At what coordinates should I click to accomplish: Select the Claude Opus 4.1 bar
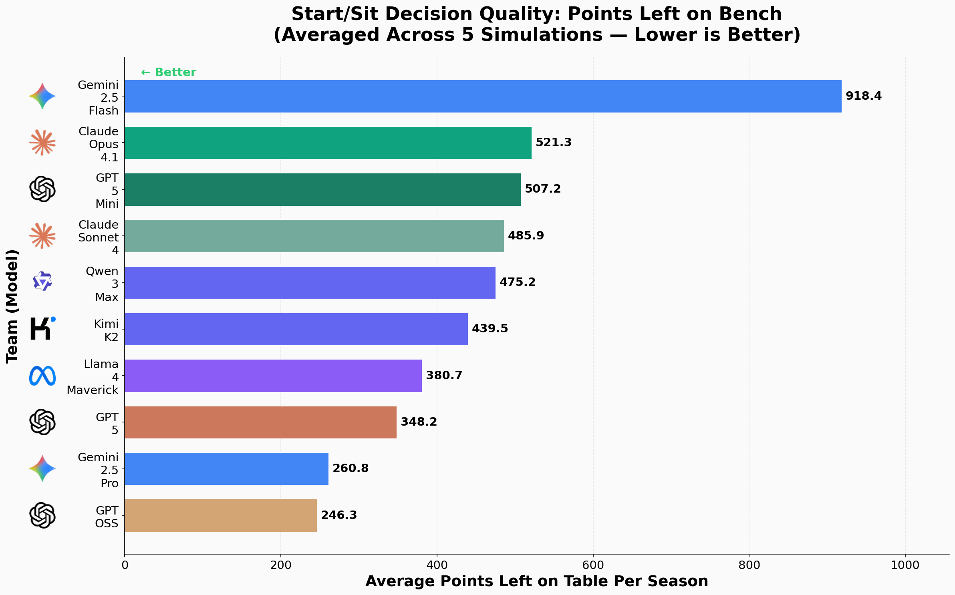coord(328,143)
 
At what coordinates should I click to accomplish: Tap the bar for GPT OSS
coord(220,515)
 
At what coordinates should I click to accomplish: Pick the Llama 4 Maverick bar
coord(273,376)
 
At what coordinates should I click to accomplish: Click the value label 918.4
coord(863,96)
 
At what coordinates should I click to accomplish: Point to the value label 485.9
coord(526,236)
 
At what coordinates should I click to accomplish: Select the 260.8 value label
coord(351,468)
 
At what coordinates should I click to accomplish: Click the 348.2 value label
coord(419,422)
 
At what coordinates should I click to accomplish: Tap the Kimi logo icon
coord(42,329)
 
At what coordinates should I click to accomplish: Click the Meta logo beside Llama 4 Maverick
coord(42,376)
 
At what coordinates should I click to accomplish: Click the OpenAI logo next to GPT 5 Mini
coord(42,189)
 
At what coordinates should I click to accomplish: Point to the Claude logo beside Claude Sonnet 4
coord(42,236)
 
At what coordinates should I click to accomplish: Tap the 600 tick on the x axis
coord(593,565)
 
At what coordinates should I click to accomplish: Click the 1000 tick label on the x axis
coord(905,565)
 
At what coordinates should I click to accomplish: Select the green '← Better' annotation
coord(169,72)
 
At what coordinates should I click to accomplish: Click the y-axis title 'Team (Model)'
coord(12,306)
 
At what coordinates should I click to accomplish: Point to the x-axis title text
coord(537,581)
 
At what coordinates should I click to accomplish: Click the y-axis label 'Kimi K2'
coord(106,330)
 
